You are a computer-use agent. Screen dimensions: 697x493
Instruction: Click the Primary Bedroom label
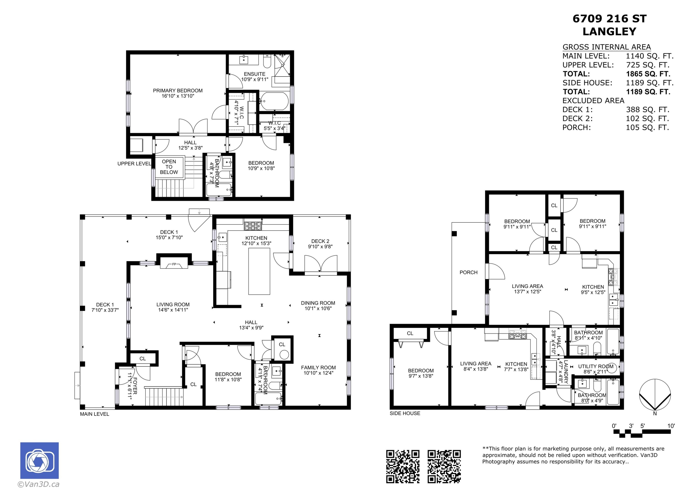[x=178, y=90]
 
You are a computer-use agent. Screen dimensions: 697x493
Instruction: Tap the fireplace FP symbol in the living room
[x=174, y=264]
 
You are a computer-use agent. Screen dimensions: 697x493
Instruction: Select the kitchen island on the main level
[x=259, y=271]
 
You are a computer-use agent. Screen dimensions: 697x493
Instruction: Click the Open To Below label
[x=169, y=167]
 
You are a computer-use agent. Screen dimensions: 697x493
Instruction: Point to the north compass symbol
[x=655, y=395]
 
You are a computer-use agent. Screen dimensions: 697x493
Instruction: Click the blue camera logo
[x=39, y=460]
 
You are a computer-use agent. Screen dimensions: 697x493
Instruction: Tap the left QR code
[x=403, y=467]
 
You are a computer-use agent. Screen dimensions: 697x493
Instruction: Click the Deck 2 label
[x=320, y=241]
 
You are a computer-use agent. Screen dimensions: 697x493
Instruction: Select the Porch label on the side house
[x=468, y=272]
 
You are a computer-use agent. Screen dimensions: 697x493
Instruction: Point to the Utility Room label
[x=596, y=367]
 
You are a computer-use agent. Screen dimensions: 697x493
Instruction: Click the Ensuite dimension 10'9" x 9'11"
[x=255, y=79]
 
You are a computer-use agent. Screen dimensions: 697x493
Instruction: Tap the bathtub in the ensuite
[x=274, y=101]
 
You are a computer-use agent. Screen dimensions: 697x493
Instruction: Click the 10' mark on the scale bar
[x=671, y=426]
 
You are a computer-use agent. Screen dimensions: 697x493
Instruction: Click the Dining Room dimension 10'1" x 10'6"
[x=318, y=308]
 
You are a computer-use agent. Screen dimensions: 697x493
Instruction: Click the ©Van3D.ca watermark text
[x=38, y=484]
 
